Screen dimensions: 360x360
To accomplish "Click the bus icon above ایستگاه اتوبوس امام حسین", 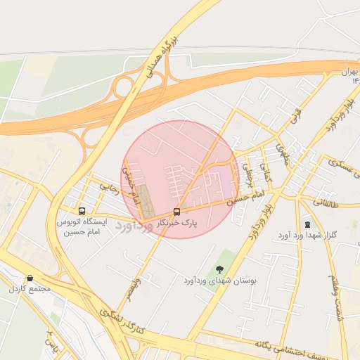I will click(82, 211).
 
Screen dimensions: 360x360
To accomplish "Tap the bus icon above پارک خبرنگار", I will click(176, 212).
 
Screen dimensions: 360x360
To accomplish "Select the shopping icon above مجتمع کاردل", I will click(30, 278).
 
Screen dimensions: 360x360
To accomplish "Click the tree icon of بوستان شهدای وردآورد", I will click(220, 269).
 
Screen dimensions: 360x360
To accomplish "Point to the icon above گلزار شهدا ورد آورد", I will click(307, 224).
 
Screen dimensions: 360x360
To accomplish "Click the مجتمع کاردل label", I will click(30, 289).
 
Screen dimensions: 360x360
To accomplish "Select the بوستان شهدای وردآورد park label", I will click(220, 281).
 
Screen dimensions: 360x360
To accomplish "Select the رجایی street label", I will click(110, 187).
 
